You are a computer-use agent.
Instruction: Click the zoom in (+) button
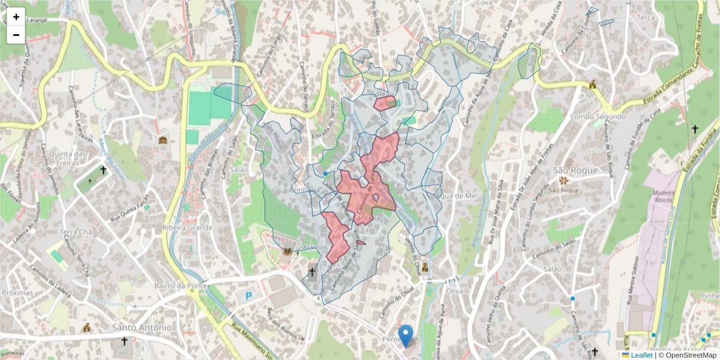point(16,17)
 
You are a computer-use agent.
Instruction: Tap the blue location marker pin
point(406,335)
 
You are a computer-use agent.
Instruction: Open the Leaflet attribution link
point(641,355)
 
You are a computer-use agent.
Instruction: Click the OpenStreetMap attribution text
point(688,355)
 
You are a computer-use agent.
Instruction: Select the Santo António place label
point(142,327)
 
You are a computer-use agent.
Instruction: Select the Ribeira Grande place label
point(187,227)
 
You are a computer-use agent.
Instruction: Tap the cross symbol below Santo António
point(124,341)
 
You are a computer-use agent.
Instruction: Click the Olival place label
point(456,290)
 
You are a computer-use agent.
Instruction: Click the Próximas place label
point(18,292)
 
